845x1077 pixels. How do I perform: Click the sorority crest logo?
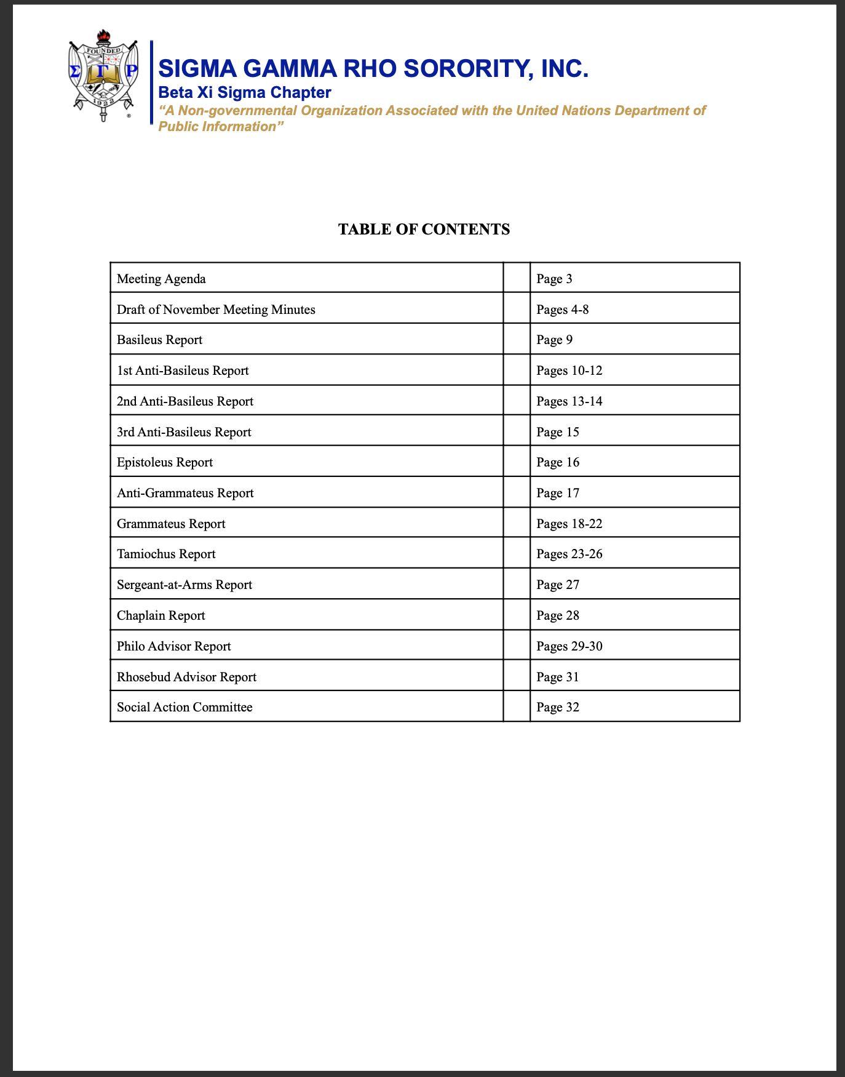click(103, 76)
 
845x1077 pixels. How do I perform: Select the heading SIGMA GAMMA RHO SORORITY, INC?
click(373, 68)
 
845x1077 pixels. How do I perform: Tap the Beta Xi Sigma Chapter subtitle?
click(245, 93)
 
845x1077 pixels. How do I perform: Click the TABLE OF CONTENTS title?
click(424, 230)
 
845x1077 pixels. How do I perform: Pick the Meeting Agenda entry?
click(161, 279)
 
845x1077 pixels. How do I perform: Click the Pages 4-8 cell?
click(562, 310)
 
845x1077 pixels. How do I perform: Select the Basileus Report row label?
click(159, 340)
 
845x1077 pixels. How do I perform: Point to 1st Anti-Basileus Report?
click(183, 370)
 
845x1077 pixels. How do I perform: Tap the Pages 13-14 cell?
click(569, 401)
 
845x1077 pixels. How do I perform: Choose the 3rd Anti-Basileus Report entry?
click(184, 432)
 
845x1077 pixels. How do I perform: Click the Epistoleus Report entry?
click(165, 462)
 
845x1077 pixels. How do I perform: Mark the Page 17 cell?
click(557, 493)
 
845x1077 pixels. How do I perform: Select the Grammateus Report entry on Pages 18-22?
click(171, 524)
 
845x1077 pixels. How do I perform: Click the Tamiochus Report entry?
click(166, 554)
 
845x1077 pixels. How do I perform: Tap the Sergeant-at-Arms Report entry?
click(184, 585)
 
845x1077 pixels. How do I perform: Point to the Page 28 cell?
click(557, 615)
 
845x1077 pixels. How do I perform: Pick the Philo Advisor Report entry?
click(173, 646)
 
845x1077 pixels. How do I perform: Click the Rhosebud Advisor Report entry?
click(186, 677)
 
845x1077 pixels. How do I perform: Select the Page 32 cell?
click(557, 707)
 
